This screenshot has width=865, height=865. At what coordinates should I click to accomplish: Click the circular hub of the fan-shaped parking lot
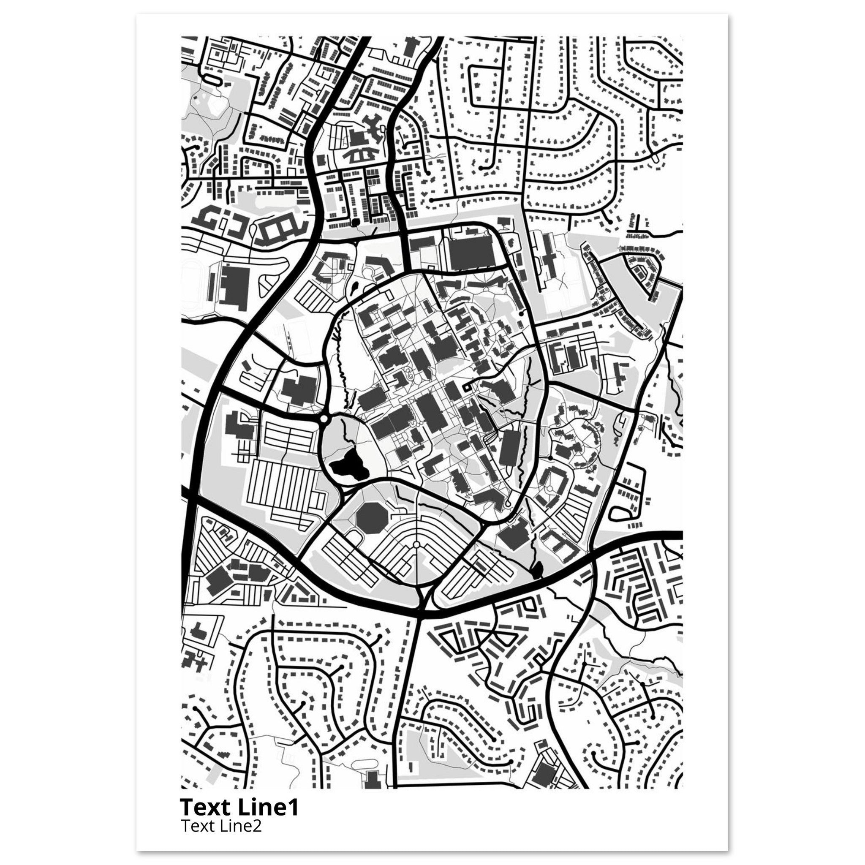[x=416, y=544]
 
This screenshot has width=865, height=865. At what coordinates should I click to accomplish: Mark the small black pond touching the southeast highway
[x=537, y=569]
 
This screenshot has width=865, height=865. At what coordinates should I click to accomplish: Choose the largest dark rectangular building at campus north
[x=471, y=252]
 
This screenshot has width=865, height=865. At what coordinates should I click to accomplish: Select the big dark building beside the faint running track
[x=234, y=286]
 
